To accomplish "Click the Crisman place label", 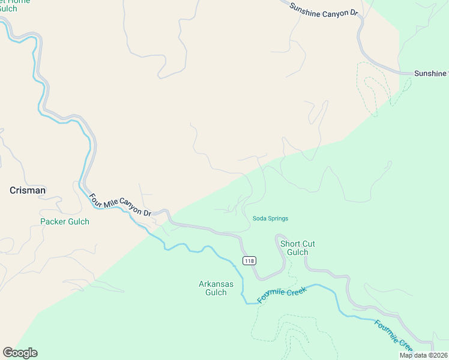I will tap(28, 190).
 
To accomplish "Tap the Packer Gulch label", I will tap(64, 221).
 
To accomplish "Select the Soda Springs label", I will tap(270, 218).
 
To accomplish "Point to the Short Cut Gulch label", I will tap(297, 248).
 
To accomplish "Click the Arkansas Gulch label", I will tap(212, 288).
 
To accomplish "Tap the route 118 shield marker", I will tap(249, 260).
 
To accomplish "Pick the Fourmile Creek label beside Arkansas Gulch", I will tap(282, 295).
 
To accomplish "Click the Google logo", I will tap(20, 353).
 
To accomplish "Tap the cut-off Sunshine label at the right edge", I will tap(431, 73).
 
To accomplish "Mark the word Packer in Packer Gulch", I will tap(52, 221).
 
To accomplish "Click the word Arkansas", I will tap(212, 284).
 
